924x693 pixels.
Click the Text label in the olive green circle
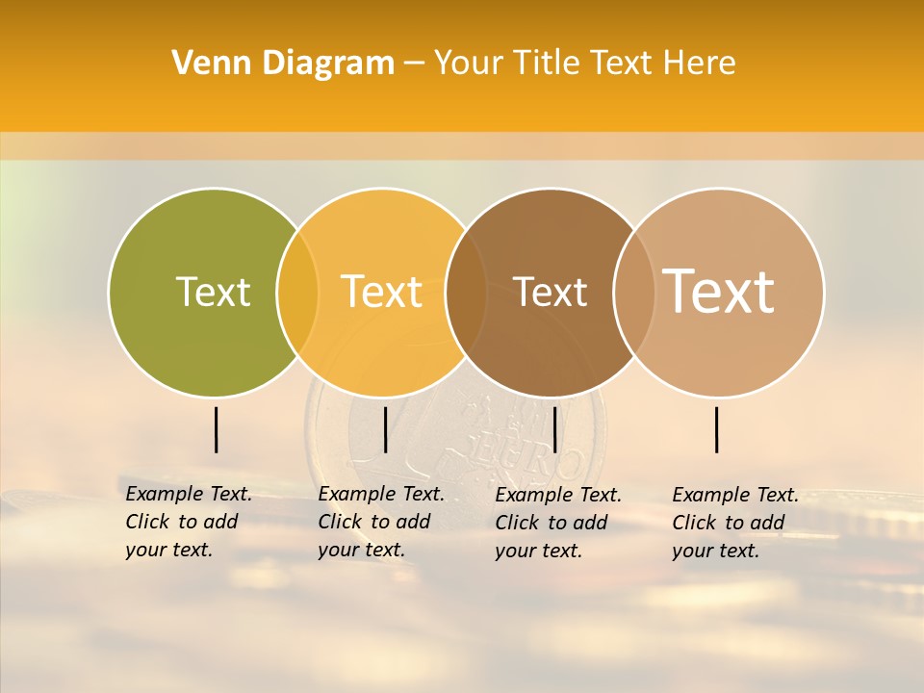[213, 292]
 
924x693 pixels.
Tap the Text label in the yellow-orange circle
[382, 292]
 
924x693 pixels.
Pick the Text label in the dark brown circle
[550, 292]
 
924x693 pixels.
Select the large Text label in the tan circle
[719, 291]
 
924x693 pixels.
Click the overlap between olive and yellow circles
[297, 292]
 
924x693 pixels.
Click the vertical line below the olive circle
[216, 429]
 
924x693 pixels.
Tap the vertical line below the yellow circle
[385, 429]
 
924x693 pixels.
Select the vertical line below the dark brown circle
[554, 429]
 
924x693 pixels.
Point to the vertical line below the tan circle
[717, 429]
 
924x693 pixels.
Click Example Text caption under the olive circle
[188, 522]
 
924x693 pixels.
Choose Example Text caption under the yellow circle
[380, 522]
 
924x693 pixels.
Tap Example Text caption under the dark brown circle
[557, 523]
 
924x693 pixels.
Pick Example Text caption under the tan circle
[734, 523]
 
